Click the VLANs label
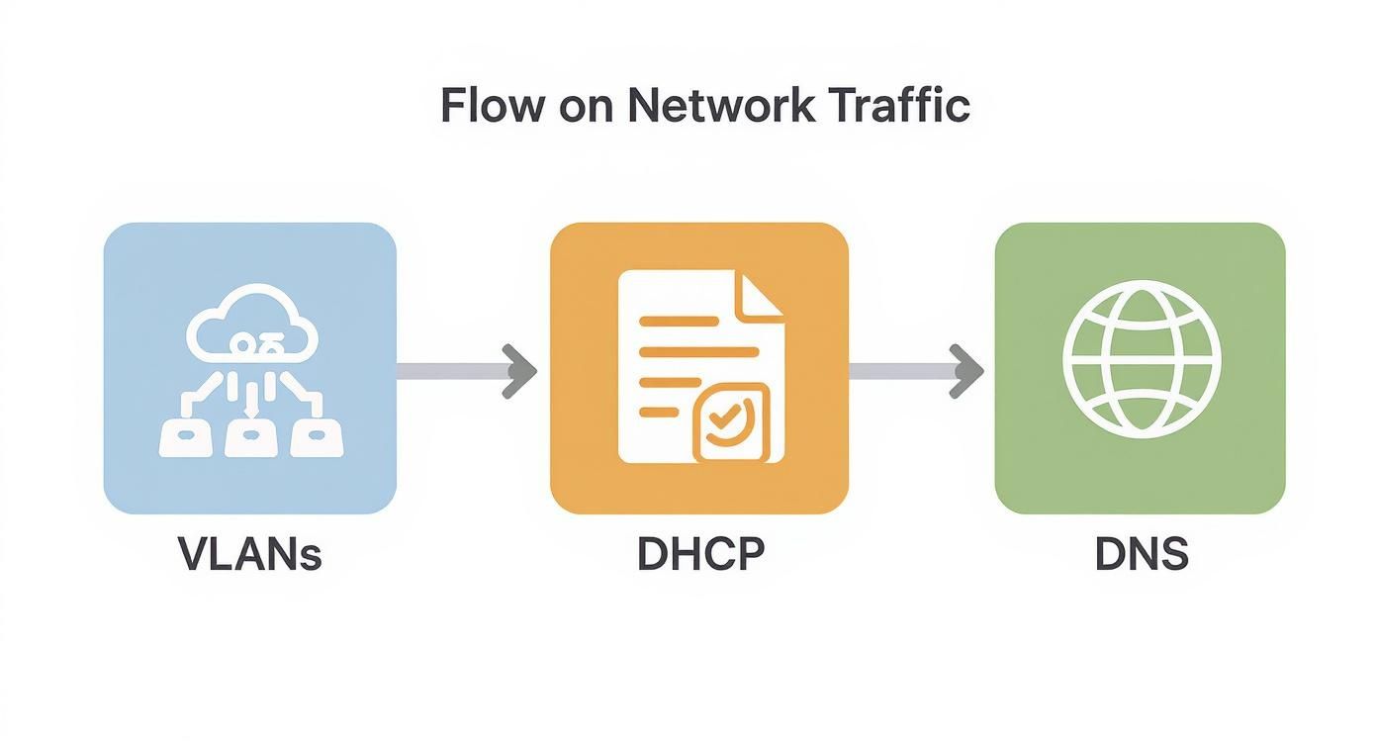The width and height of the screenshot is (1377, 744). [250, 555]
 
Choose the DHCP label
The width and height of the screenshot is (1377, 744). [700, 555]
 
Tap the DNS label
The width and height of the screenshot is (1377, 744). [1141, 555]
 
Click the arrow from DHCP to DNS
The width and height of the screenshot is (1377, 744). [916, 371]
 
